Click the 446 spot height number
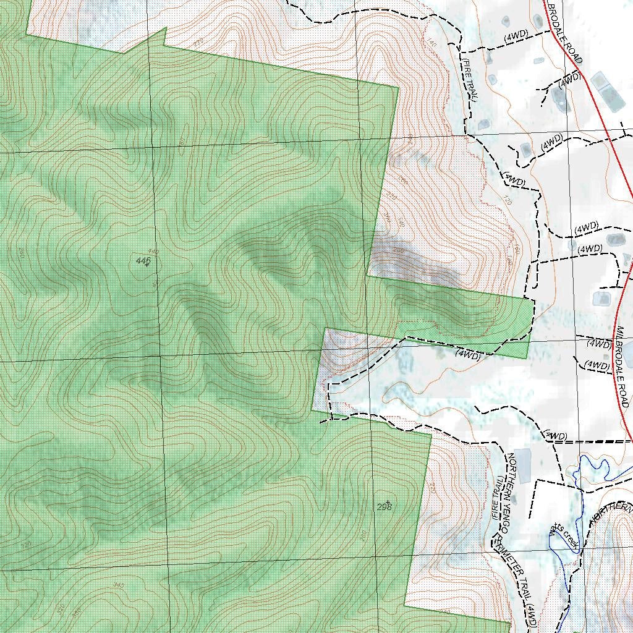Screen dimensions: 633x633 point(142,261)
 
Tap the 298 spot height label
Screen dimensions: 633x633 point(384,507)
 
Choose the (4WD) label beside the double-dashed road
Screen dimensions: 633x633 point(556,436)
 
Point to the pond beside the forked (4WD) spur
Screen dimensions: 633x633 point(561,101)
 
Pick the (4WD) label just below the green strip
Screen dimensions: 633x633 point(468,355)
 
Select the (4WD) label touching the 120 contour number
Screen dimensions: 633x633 point(514,181)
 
